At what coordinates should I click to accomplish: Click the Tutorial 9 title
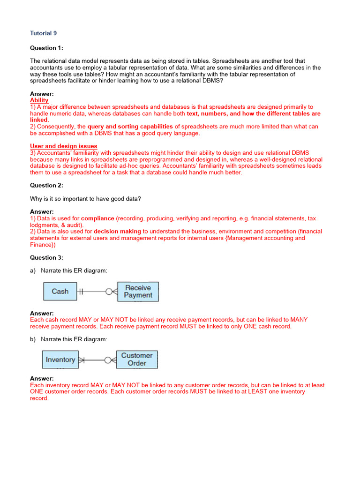pyautogui.click(x=44, y=33)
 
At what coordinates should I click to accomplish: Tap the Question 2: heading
pyautogui.click(x=46, y=185)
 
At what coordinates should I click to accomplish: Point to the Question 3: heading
pyautogui.click(x=46, y=257)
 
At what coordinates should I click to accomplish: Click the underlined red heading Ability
pyautogui.click(x=39, y=100)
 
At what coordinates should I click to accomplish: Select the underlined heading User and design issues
pyautogui.click(x=64, y=146)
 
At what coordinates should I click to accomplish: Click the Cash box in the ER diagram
pyautogui.click(x=60, y=292)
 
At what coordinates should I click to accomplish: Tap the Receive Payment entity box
pyautogui.click(x=138, y=292)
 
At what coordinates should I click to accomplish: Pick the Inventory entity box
pyautogui.click(x=60, y=360)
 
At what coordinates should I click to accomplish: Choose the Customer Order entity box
pyautogui.click(x=137, y=360)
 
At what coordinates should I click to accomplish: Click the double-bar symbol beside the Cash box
pyautogui.click(x=81, y=292)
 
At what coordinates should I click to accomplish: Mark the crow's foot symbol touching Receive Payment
pyautogui.click(x=111, y=292)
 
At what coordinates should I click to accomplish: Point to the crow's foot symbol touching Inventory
pyautogui.click(x=82, y=360)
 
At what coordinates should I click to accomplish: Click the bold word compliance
pyautogui.click(x=97, y=218)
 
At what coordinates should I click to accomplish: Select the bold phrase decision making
pyautogui.click(x=117, y=231)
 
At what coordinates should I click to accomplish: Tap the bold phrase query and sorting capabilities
pyautogui.click(x=130, y=127)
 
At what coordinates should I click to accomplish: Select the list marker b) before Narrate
pyautogui.click(x=33, y=339)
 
